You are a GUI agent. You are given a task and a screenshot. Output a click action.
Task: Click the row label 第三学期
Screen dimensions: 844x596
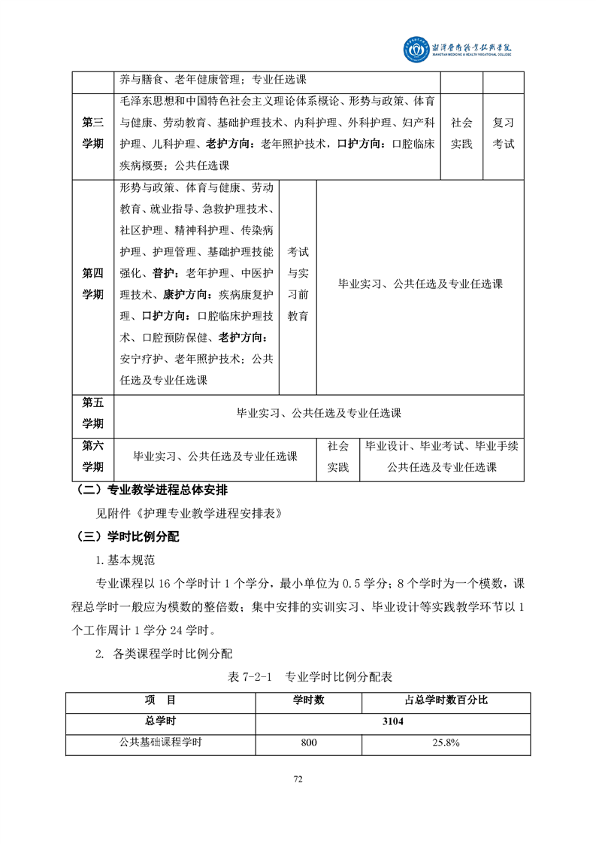coord(93,133)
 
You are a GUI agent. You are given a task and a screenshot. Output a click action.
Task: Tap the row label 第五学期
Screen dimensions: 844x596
coord(93,413)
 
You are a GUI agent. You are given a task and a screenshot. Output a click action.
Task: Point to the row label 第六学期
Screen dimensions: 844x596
coord(93,456)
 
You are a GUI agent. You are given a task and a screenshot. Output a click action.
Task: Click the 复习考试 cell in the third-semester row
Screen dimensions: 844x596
coord(503,133)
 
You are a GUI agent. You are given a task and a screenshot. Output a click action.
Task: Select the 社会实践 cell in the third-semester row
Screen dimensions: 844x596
coord(461,133)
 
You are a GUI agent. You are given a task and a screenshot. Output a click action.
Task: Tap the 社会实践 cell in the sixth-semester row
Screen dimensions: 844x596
coord(338,456)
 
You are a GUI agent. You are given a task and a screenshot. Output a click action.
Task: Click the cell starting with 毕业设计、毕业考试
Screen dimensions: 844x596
coord(441,456)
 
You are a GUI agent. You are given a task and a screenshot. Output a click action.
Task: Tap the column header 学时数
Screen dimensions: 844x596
coord(308,700)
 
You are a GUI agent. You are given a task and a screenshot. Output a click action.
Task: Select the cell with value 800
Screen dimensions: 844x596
coord(308,742)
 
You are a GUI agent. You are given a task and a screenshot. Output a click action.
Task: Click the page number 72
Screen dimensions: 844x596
coord(298,779)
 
